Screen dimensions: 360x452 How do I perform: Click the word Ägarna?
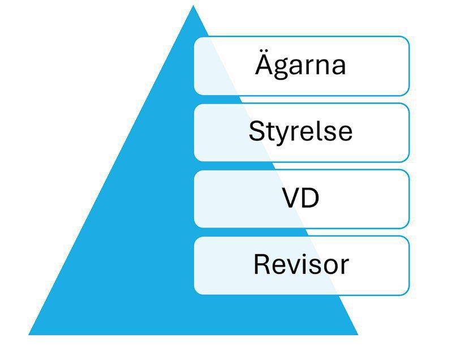[x=300, y=65]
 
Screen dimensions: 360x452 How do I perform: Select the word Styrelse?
[x=300, y=131]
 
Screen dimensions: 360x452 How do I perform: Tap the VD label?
[x=300, y=198]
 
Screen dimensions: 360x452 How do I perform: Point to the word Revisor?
[x=300, y=264]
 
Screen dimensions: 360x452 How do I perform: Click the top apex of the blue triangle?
[x=193, y=7]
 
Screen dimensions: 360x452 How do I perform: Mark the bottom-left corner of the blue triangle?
[x=29, y=334]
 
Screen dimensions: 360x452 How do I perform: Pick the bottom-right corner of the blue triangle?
[x=358, y=334]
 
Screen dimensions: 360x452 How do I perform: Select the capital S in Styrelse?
[x=256, y=131]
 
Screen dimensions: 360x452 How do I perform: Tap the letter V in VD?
[x=291, y=198]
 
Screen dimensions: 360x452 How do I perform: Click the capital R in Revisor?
[x=262, y=264]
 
